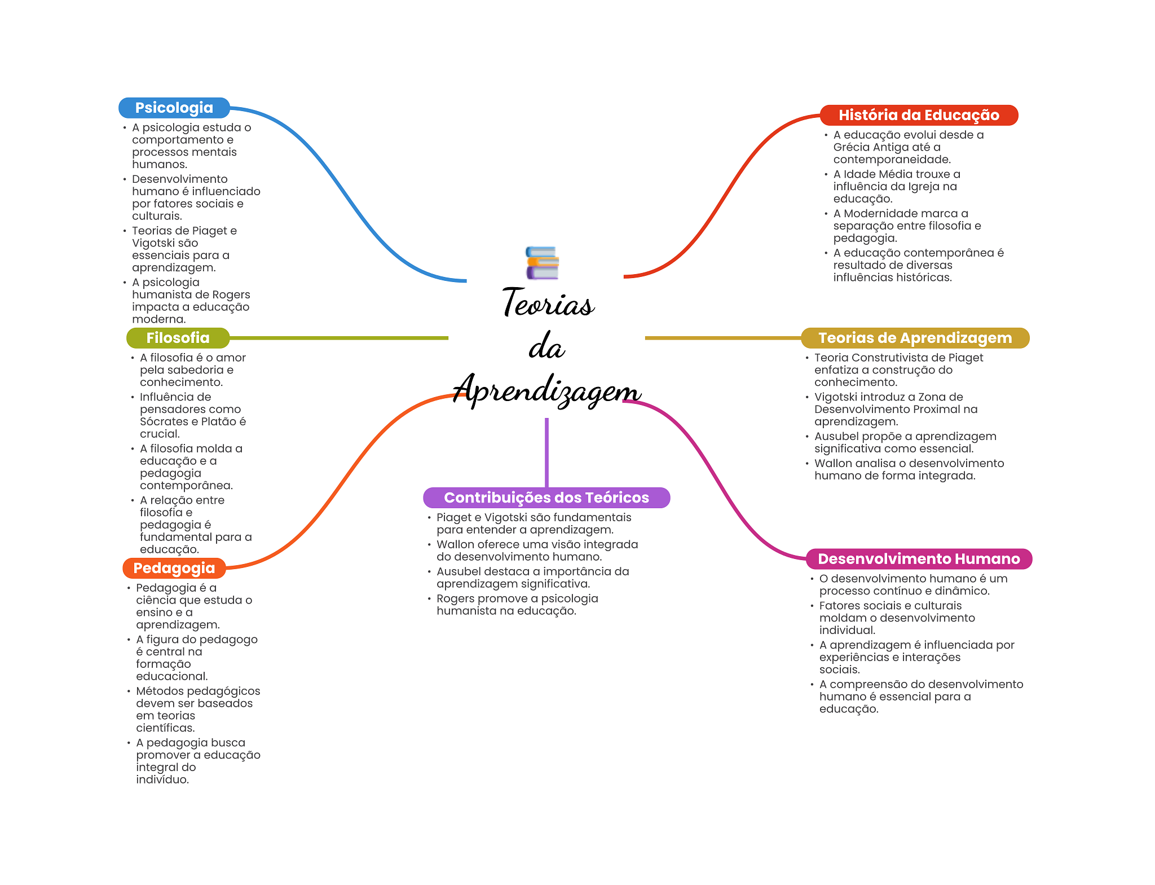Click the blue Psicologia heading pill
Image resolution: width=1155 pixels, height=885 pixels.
[174, 108]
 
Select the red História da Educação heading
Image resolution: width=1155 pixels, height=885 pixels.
[918, 115]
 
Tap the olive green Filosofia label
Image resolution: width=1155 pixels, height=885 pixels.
[178, 338]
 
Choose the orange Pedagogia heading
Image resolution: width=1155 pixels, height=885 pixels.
[174, 568]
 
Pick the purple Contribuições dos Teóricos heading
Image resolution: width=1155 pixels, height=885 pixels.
[546, 497]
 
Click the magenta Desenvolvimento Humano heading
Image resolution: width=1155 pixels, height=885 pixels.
[918, 559]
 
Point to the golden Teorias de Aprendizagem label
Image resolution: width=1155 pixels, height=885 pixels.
[915, 338]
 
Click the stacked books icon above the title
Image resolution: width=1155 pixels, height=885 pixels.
[542, 263]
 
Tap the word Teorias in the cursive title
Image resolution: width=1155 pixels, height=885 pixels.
[548, 303]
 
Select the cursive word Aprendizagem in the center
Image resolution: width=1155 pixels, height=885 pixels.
[547, 390]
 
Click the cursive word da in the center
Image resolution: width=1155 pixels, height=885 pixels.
[546, 347]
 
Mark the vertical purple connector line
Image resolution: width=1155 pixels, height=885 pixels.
[546, 451]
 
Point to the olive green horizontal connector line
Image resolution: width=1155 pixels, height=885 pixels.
[338, 338]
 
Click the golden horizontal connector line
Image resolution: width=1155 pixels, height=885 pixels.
[722, 338]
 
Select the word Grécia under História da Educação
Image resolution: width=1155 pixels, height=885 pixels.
[850, 147]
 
